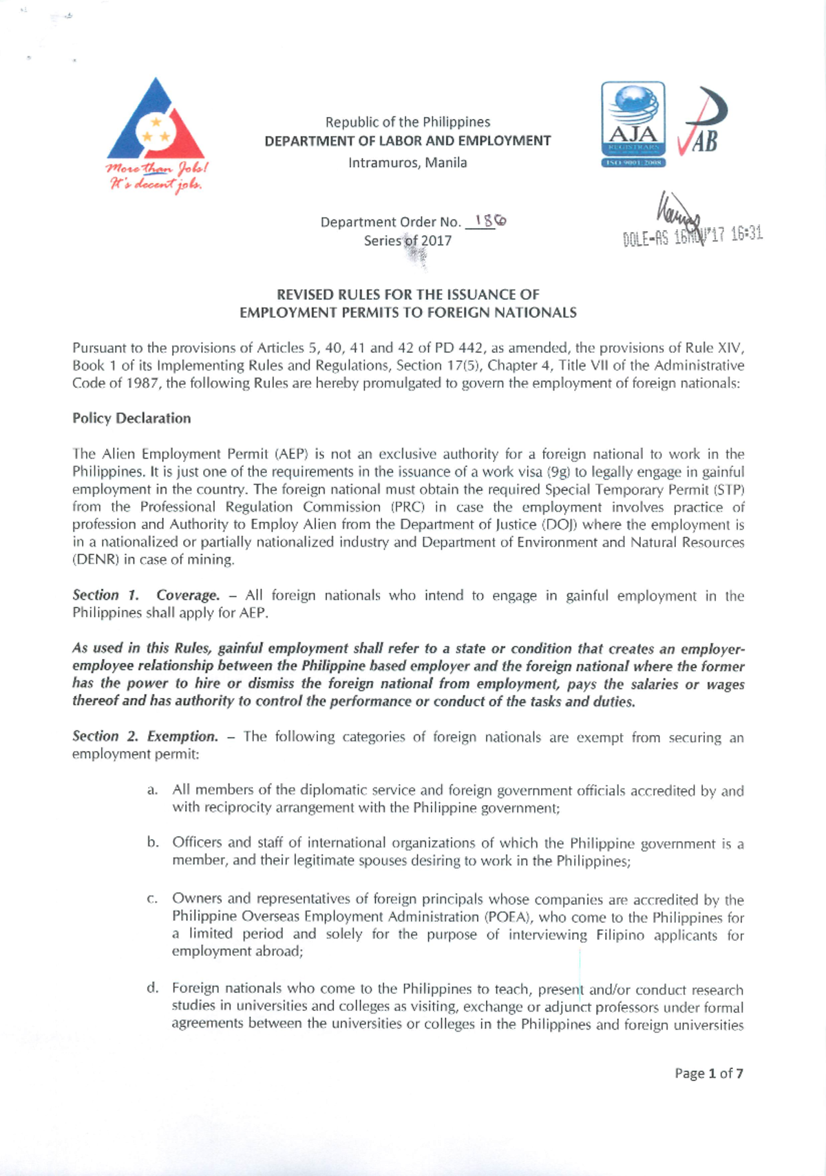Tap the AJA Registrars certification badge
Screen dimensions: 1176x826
coord(633,124)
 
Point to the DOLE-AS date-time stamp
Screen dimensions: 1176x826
coord(692,235)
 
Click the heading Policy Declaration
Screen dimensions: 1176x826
coord(131,418)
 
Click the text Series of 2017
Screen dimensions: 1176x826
coord(407,241)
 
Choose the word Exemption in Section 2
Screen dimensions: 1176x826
coord(182,736)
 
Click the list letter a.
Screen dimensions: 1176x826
coord(152,790)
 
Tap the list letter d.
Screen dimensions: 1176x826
coord(152,988)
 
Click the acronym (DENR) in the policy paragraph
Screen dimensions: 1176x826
coord(95,560)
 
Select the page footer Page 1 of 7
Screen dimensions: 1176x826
coord(708,1073)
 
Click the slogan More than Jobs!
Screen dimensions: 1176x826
coord(157,168)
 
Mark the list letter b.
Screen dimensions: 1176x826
coord(152,842)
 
